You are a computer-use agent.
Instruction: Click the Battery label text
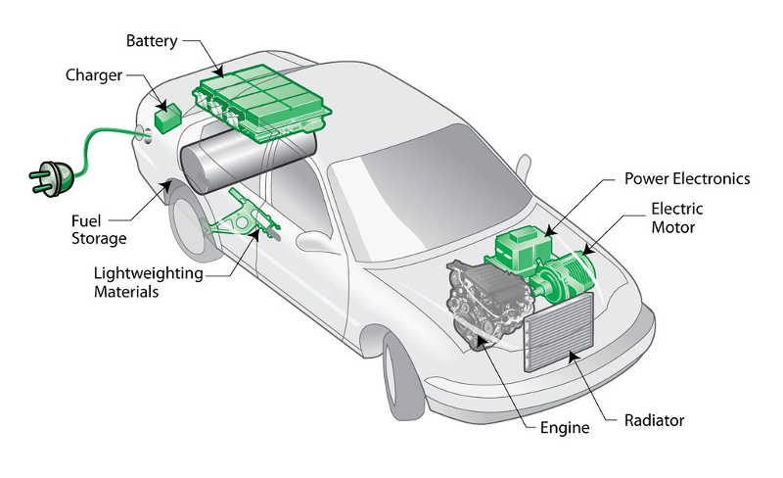(x=154, y=41)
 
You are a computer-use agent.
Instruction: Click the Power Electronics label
(x=687, y=179)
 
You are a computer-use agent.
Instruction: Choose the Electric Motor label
(x=676, y=217)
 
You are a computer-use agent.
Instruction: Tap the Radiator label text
(x=654, y=420)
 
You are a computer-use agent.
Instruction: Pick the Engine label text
(x=565, y=428)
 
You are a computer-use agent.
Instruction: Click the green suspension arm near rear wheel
(x=240, y=219)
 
